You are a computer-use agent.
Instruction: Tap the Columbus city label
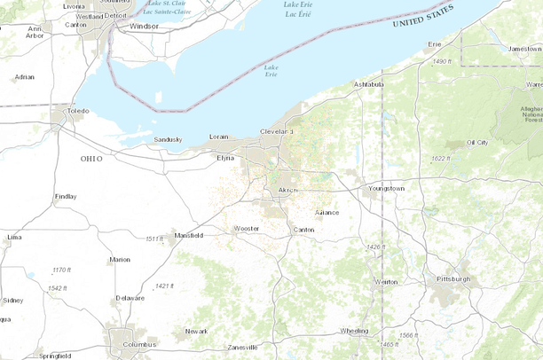(x=139, y=344)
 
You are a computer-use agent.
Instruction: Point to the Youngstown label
(x=386, y=189)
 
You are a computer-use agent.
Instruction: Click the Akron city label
(x=288, y=191)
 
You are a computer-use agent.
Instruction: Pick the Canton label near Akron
(x=303, y=230)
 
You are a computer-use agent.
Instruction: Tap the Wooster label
(x=246, y=228)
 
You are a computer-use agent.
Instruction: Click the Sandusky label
(x=168, y=139)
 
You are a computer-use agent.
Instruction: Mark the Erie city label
(x=435, y=43)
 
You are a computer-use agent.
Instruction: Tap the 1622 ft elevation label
(x=439, y=159)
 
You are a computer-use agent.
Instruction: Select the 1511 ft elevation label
(x=154, y=239)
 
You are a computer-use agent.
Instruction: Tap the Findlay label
(x=66, y=196)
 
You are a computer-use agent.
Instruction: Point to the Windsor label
(x=144, y=27)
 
